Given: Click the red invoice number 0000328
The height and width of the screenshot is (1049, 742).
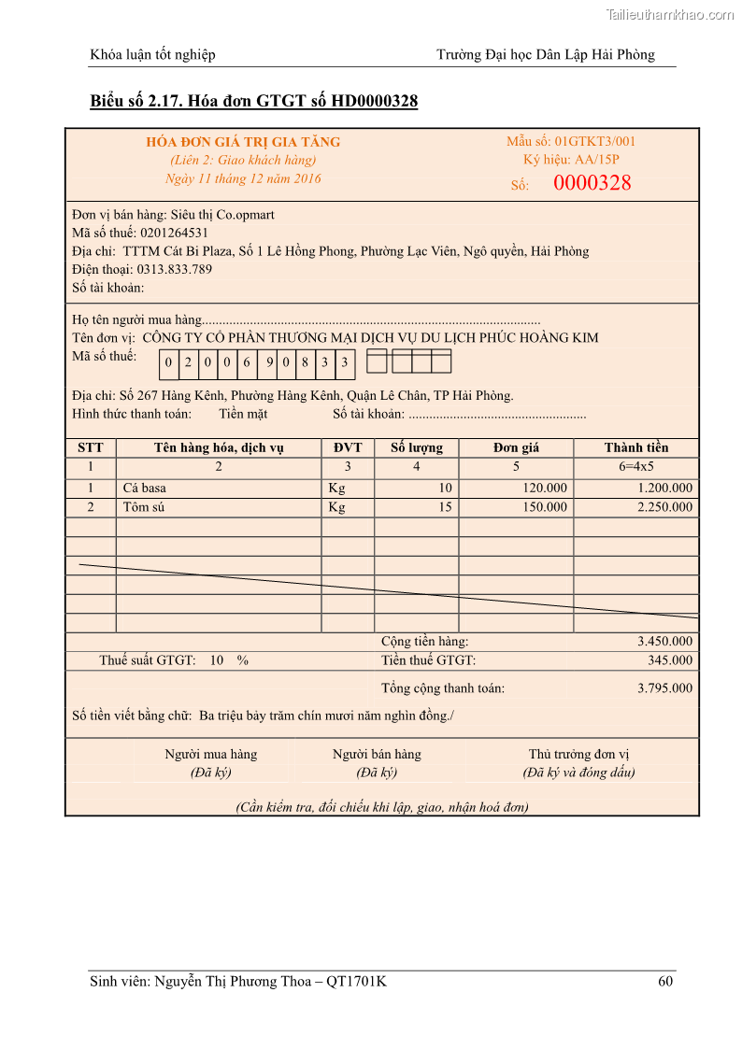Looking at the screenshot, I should click(592, 183).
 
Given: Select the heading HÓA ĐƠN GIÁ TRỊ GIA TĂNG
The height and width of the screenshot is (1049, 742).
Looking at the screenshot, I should click(243, 142).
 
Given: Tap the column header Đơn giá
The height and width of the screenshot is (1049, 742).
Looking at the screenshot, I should click(516, 447).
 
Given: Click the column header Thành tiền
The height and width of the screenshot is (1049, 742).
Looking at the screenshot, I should click(636, 447).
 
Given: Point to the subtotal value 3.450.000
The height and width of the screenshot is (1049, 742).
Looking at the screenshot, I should click(664, 642).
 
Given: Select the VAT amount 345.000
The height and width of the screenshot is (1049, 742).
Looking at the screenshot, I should click(670, 660).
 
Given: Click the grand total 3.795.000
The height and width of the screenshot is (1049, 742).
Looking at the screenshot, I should click(664, 688).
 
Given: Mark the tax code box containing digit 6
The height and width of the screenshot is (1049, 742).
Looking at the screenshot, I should click(248, 362).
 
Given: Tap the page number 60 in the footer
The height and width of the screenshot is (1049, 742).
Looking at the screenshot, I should click(665, 981).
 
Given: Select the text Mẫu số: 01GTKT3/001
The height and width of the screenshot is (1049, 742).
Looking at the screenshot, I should click(571, 141).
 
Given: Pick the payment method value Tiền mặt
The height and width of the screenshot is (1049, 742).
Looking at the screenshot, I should click(243, 414).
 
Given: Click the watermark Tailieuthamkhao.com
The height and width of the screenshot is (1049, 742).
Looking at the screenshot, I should click(670, 15).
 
